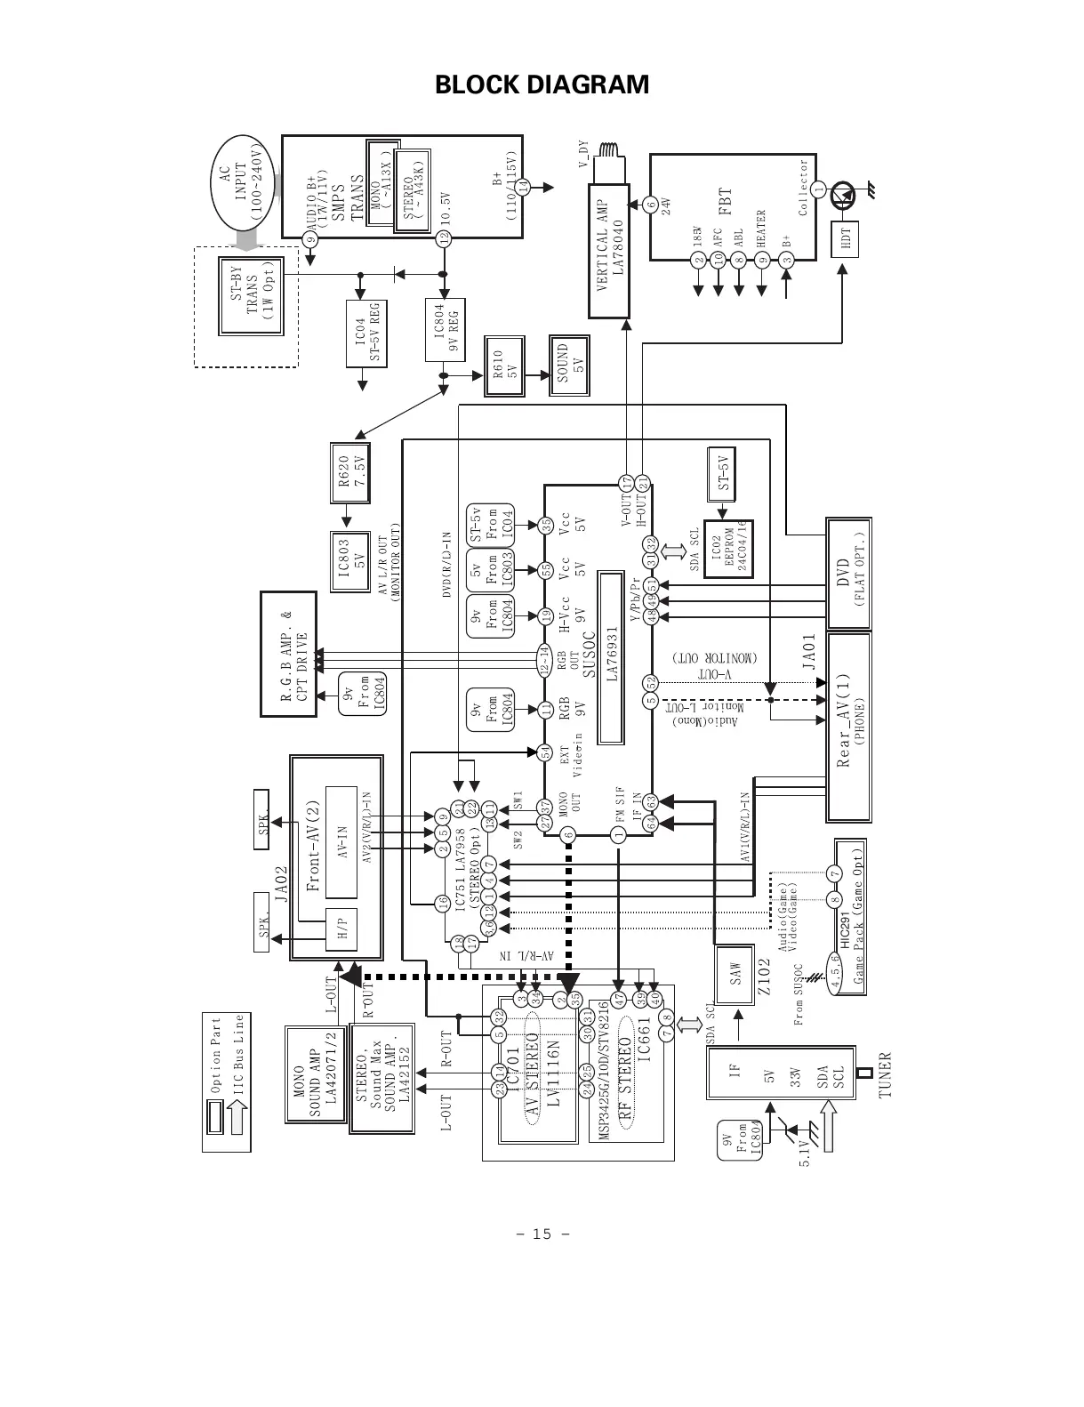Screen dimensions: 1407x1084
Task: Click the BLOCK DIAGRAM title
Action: (x=542, y=85)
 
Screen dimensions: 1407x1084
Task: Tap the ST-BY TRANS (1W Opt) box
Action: (x=247, y=296)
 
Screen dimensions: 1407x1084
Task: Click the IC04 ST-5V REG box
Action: (x=366, y=332)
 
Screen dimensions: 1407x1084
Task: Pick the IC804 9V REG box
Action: (x=445, y=329)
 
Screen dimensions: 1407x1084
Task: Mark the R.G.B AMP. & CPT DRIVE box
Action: (x=288, y=653)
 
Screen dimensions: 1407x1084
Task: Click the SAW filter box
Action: (x=735, y=974)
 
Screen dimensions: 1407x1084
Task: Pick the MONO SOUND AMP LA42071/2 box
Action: (x=317, y=1074)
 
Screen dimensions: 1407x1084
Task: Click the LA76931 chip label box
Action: (x=610, y=658)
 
